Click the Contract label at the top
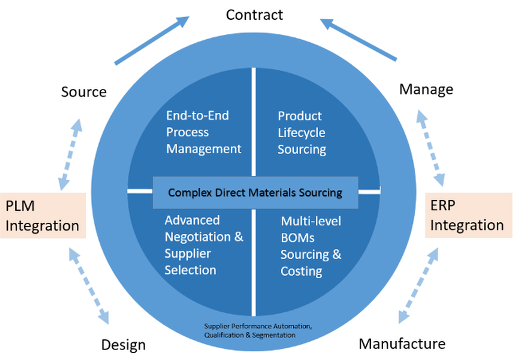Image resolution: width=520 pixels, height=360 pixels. tap(254, 15)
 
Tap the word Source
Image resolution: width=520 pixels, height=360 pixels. tap(84, 92)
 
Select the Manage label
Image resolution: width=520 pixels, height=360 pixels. tap(426, 89)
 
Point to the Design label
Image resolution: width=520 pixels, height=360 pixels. tap(123, 345)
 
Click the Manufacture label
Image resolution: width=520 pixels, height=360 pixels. tap(402, 344)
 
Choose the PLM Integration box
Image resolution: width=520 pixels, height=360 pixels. tap(43, 215)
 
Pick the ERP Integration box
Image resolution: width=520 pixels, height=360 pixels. tap(469, 215)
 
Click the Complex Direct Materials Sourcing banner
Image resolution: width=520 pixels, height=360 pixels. tap(255, 193)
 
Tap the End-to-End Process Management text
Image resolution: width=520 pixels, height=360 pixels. tap(204, 132)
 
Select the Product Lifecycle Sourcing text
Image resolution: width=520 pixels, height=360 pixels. tap(302, 132)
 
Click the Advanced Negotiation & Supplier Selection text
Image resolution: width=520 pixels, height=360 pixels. tap(204, 245)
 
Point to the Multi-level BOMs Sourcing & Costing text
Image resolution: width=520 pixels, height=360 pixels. tap(311, 246)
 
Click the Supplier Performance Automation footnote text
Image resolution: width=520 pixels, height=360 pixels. tap(258, 330)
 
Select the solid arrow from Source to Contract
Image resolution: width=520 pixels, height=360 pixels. tap(152, 40)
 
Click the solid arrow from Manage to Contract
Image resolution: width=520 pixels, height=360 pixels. tap(358, 40)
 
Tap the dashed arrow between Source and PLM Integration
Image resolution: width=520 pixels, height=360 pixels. tap(70, 155)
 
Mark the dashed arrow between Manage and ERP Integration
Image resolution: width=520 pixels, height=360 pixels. tap(431, 148)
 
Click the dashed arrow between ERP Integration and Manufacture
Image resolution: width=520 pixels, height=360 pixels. tap(418, 285)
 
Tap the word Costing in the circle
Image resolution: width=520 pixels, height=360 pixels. tap(301, 271)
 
